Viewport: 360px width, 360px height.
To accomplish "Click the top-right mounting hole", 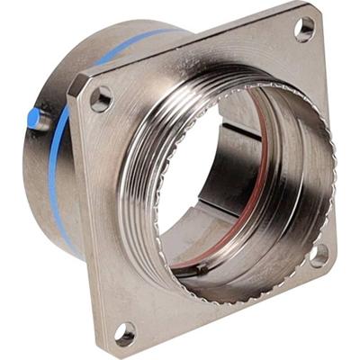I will coord(305,30).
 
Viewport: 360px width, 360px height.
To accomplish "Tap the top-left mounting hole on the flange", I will coord(101,98).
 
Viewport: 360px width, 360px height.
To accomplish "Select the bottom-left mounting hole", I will coord(125,334).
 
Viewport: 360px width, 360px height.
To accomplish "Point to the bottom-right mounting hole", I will coord(319,255).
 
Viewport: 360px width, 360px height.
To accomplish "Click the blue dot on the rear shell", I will coord(33,117).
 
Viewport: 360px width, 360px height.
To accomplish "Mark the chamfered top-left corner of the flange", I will coord(77,83).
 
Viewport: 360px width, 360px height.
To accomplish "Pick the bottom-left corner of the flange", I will coord(112,349).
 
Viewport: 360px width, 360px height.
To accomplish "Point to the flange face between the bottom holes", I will coord(216,310).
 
